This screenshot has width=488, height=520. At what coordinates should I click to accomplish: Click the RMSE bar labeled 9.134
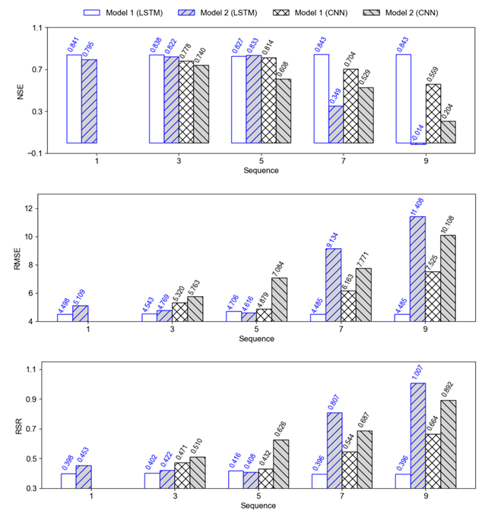334,285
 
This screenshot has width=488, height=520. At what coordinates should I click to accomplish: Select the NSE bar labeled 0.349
335,124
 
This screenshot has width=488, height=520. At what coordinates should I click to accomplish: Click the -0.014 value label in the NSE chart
417,131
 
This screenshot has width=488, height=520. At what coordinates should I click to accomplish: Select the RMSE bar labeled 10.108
448,278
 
